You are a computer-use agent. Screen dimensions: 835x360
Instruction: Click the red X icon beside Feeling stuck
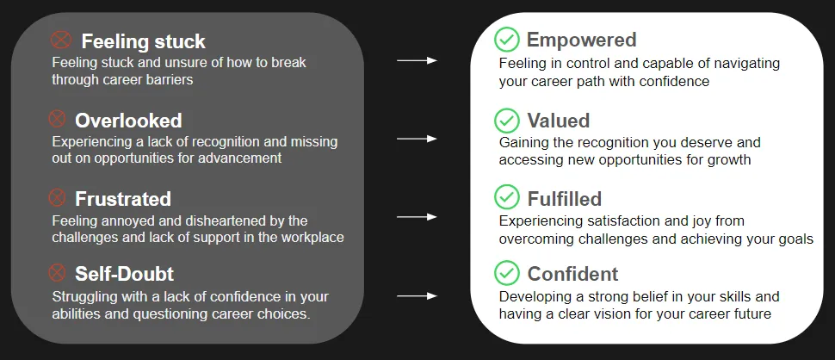[61, 40]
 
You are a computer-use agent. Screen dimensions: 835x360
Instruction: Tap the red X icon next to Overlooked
[57, 119]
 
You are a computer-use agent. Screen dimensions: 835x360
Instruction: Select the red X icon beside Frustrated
[57, 197]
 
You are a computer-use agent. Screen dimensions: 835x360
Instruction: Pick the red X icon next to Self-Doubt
[57, 273]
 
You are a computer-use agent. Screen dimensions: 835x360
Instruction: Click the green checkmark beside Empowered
[506, 40]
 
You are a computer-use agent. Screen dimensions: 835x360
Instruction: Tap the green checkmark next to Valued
[506, 121]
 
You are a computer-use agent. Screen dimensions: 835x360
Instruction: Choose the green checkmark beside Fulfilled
[506, 197]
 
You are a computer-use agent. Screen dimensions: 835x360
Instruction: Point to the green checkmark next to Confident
[506, 273]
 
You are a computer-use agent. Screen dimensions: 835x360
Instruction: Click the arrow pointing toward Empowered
[417, 60]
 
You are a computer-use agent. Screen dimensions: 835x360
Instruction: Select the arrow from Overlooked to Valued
[417, 139]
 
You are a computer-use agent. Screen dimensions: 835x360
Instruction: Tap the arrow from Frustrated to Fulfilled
[417, 217]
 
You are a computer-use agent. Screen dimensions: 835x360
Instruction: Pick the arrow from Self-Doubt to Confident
[417, 295]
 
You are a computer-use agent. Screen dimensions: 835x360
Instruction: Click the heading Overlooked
[128, 121]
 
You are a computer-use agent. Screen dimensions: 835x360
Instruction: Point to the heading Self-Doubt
[124, 274]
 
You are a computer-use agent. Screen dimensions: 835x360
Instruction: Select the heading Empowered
[582, 40]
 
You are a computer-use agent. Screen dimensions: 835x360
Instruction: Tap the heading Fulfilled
[565, 199]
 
